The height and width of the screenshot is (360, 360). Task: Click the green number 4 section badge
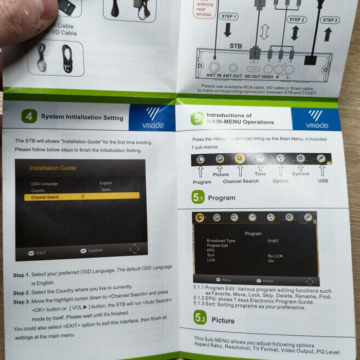click(x=29, y=117)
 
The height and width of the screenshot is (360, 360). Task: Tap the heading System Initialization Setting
click(x=82, y=117)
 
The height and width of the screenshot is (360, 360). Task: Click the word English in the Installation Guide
click(x=105, y=183)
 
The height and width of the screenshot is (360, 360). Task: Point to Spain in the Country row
click(x=105, y=190)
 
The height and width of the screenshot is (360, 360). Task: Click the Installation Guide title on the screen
click(x=52, y=168)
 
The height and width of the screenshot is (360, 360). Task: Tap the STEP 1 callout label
click(x=229, y=16)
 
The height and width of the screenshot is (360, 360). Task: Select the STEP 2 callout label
click(x=297, y=20)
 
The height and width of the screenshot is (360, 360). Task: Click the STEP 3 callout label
click(x=330, y=20)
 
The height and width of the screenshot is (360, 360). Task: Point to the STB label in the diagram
click(x=236, y=46)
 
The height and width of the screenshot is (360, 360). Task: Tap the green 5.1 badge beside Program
click(x=198, y=197)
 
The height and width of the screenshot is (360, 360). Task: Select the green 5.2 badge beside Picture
click(x=200, y=319)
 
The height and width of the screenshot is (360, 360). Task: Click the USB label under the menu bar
click(x=323, y=181)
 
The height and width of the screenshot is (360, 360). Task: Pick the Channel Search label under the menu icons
click(x=241, y=181)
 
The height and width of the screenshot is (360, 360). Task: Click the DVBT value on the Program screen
click(x=273, y=241)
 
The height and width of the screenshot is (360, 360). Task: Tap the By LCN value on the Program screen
click(x=275, y=256)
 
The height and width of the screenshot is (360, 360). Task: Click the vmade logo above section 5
click(x=316, y=119)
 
